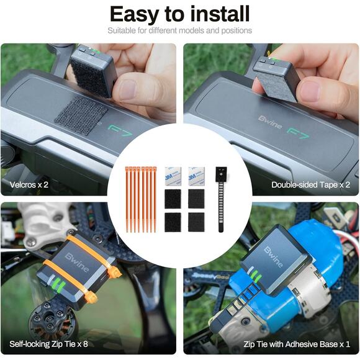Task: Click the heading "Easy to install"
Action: [179, 14]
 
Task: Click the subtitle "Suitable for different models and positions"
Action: [179, 30]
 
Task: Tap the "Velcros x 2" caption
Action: [29, 184]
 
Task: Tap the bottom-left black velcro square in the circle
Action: [173, 222]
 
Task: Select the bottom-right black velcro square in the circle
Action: [196, 222]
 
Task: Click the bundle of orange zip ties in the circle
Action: [142, 199]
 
